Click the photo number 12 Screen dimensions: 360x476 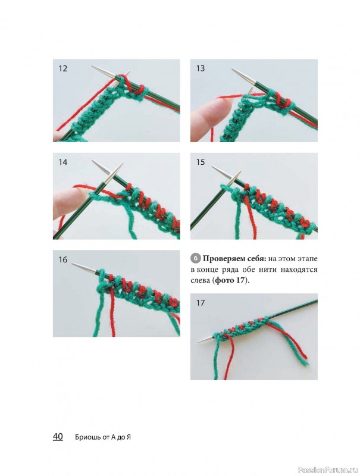62,68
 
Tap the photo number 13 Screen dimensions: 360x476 201,68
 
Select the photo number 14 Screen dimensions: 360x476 63,162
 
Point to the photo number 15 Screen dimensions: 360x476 201,162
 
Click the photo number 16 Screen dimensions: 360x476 63,260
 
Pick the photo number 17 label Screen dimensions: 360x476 201,303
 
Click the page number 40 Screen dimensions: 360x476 58,437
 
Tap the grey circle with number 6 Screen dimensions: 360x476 196,258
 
